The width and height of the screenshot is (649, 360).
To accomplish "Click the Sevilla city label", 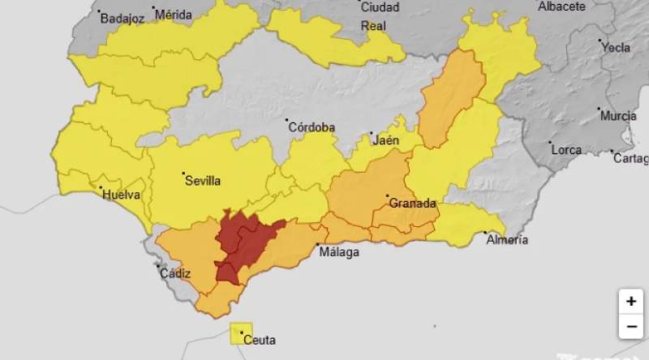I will (204, 181).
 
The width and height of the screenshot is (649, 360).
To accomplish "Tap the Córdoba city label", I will (312, 127).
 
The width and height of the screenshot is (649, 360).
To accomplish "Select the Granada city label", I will (412, 203).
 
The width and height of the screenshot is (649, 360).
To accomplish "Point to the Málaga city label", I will (339, 252).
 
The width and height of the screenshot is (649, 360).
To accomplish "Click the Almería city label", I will (507, 239).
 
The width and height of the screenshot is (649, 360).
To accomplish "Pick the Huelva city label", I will (121, 195).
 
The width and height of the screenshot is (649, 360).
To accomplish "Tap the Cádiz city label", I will (175, 273).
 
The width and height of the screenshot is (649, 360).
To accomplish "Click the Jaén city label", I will (386, 140).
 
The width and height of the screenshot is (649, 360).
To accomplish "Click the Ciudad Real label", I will (379, 15).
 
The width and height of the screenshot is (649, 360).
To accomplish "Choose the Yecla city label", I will (616, 47).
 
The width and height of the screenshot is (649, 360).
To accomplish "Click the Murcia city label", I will (618, 116).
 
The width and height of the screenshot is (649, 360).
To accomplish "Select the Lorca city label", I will (566, 150).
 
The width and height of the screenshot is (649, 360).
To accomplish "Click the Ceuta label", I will (260, 341).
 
